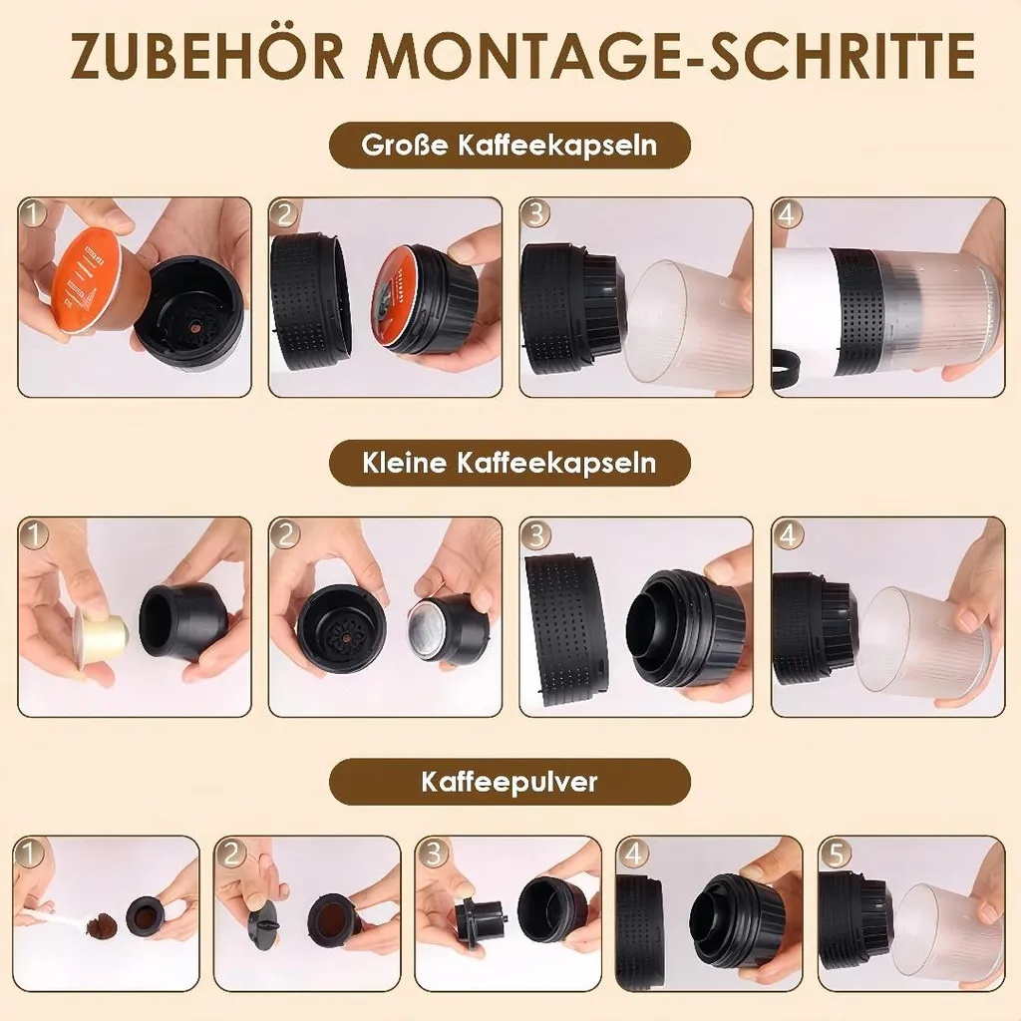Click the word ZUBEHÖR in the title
(206, 55)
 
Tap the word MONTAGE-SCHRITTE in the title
(670, 55)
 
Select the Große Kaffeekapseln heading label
(510, 145)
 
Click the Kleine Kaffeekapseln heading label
(510, 463)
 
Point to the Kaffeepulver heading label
(510, 782)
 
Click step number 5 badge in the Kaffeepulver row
(836, 853)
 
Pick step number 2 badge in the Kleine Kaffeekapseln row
(284, 534)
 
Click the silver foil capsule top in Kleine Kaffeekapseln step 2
(426, 629)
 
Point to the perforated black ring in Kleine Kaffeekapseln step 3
(566, 624)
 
